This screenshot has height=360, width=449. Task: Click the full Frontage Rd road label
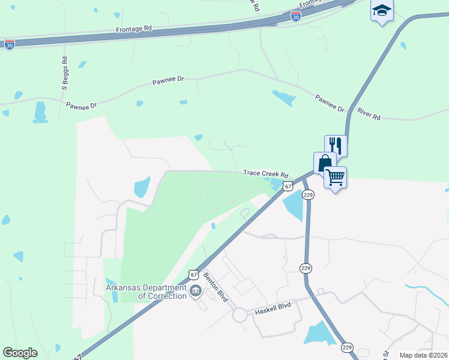[x=136, y=28]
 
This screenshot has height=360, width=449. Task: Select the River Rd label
[x=369, y=114]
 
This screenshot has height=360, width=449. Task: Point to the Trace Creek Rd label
[x=262, y=173]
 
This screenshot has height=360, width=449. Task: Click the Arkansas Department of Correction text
[x=146, y=291]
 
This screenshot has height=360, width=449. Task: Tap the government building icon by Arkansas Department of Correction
[x=195, y=292]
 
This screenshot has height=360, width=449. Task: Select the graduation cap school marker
[x=382, y=11]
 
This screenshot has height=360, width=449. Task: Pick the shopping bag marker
[x=325, y=163]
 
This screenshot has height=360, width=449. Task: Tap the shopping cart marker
[x=336, y=176]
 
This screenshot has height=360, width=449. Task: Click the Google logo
[x=20, y=353]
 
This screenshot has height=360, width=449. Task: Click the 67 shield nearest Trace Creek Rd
[x=289, y=187]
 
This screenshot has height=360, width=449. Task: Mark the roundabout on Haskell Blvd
[x=241, y=314]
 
